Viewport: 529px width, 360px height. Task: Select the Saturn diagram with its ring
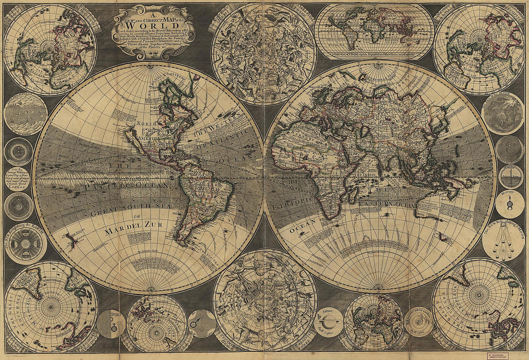click(x=328, y=321)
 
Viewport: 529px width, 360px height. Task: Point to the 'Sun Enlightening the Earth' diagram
click(x=25, y=244)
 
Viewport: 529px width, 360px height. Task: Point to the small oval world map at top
click(x=374, y=32)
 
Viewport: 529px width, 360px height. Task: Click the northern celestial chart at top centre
click(x=264, y=53)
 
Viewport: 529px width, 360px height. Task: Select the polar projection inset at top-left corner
click(x=50, y=50)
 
